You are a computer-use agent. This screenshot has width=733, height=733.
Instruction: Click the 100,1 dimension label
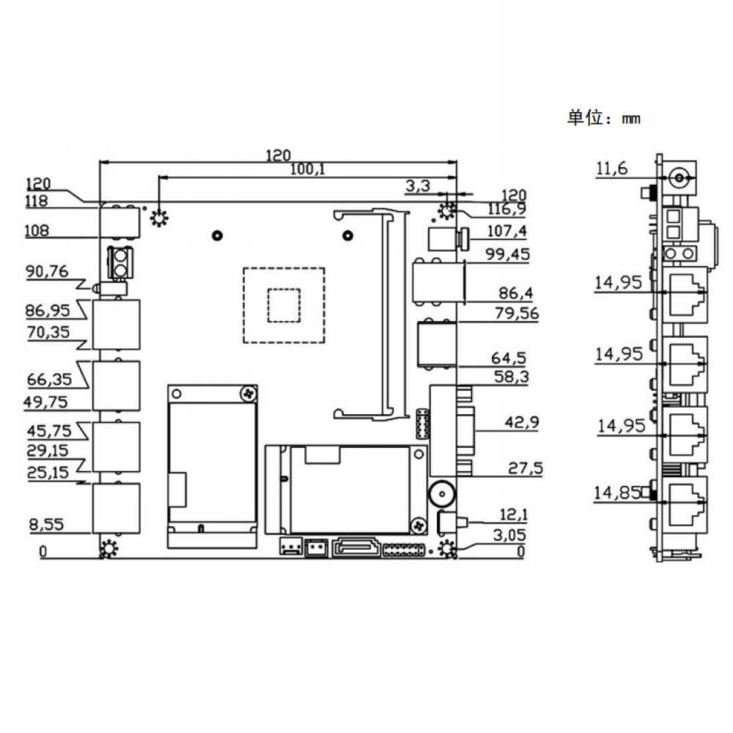tap(307, 169)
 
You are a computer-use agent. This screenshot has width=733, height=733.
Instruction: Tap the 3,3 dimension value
tap(418, 185)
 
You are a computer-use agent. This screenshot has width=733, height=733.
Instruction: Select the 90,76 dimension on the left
tap(47, 271)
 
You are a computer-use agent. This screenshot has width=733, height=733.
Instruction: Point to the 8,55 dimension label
tap(46, 524)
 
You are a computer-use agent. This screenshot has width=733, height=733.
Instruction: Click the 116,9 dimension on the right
tap(507, 209)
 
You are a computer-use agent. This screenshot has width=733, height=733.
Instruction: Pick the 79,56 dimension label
tap(517, 313)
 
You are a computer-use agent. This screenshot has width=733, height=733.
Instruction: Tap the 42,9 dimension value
tap(522, 423)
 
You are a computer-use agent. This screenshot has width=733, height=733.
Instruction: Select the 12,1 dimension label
tap(513, 515)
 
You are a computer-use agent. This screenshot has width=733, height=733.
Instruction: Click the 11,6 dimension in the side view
tap(611, 169)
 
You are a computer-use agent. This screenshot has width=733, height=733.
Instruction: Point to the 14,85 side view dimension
tap(616, 493)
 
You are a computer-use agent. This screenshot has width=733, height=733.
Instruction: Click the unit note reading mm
tap(630, 119)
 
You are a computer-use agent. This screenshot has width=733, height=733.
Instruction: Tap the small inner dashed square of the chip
tap(284, 305)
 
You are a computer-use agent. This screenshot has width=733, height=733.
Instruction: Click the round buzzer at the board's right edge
tap(441, 494)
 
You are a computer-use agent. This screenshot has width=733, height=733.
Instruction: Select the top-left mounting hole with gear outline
tap(159, 218)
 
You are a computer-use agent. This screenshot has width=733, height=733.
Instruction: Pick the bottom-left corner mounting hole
tap(109, 548)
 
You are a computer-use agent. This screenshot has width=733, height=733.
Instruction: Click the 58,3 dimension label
tap(512, 377)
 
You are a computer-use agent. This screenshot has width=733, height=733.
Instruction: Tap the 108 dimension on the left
tap(37, 230)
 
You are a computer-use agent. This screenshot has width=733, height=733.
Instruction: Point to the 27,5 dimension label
tap(526, 468)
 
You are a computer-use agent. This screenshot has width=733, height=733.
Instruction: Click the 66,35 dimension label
tap(49, 379)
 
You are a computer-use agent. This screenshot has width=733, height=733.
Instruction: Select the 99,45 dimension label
tap(508, 254)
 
